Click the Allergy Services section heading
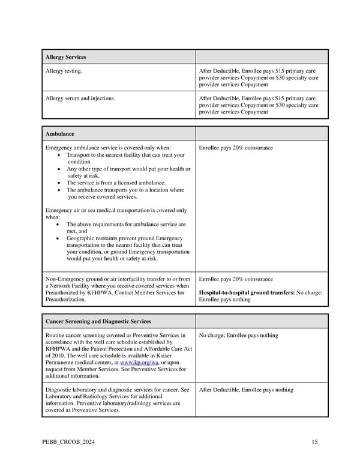tap(66, 57)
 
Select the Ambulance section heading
tap(59, 134)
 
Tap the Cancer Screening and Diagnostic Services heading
tap(98, 321)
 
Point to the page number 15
tap(314, 443)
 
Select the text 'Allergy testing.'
tap(64, 71)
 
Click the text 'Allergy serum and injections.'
tap(80, 98)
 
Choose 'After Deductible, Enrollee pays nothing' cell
tap(246, 390)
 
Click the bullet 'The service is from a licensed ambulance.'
tap(116, 183)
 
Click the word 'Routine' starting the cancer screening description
tap(56, 335)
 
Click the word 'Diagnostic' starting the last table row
tap(60, 390)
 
